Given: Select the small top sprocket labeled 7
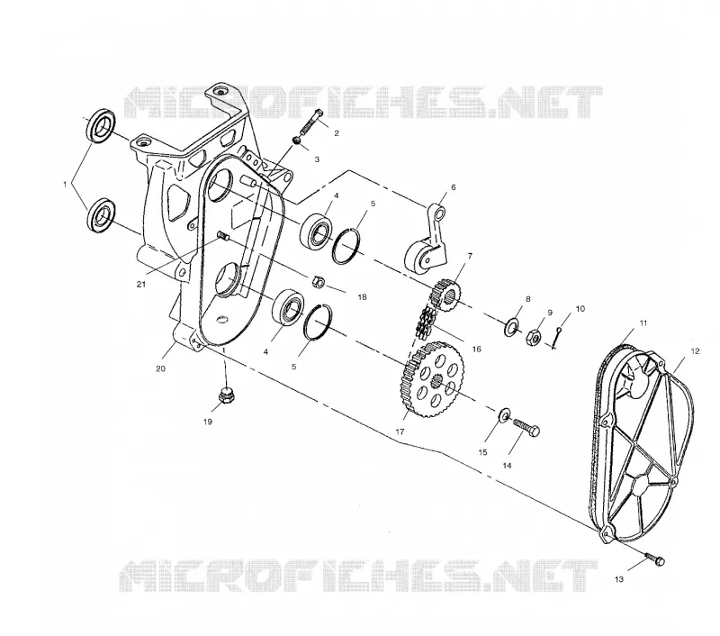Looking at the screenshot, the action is tap(445, 295).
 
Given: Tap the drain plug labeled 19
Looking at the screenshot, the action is tap(225, 395).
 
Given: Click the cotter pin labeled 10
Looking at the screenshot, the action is tap(557, 338).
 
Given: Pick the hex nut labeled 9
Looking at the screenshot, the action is tap(533, 337).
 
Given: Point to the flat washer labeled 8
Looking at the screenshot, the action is tap(510, 327).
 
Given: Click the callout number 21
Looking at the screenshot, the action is tap(141, 285).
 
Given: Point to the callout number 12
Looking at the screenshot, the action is tap(695, 351).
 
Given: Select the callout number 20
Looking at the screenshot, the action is tap(161, 368).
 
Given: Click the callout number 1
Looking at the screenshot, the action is tap(65, 185).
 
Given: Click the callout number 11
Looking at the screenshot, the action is tap(643, 323).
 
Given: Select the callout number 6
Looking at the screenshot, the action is tap(454, 187).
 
